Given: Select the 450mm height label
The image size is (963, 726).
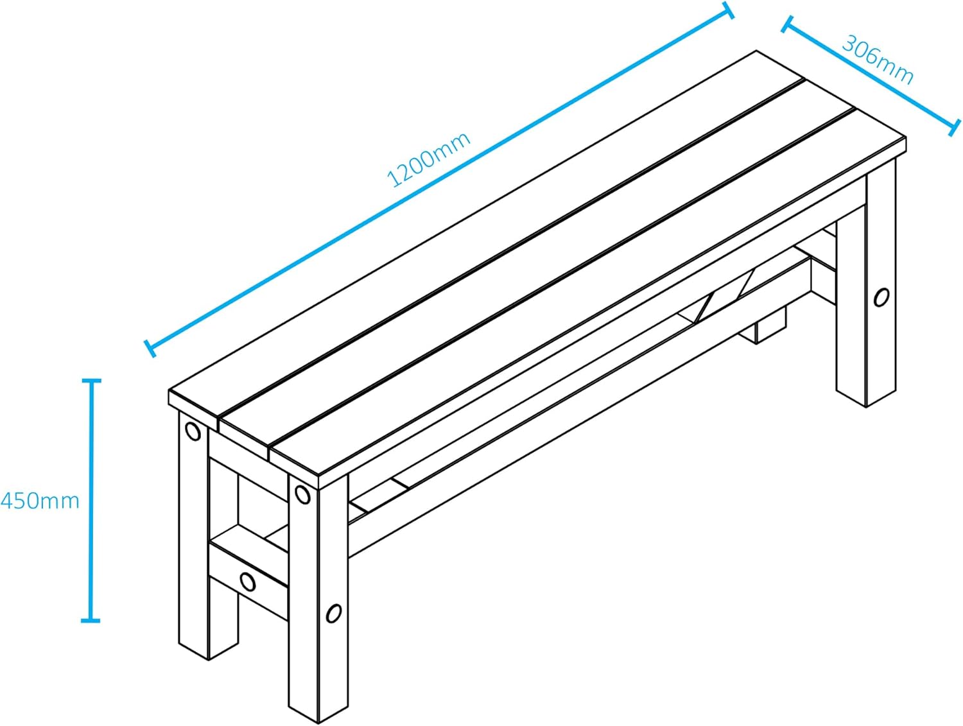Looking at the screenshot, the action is tap(40, 501).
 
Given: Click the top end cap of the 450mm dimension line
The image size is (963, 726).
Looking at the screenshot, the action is tap(92, 381).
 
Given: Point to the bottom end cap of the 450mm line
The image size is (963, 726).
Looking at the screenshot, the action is tap(91, 621).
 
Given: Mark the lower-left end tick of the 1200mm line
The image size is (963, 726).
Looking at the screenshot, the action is tap(150, 349).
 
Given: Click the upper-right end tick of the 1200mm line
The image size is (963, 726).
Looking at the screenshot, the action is tap(728, 10).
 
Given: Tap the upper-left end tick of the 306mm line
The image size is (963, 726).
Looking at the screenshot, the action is tap(787, 24).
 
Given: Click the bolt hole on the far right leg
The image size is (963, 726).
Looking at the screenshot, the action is tap(881, 297).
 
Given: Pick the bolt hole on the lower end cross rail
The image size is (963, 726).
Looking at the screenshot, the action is tap(248, 582).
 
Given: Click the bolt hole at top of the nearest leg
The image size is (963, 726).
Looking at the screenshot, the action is tap(302, 494).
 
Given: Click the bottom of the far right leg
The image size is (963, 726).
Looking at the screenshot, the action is tap(865, 395).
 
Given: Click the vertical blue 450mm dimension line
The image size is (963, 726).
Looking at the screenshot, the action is tap(91, 501).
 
